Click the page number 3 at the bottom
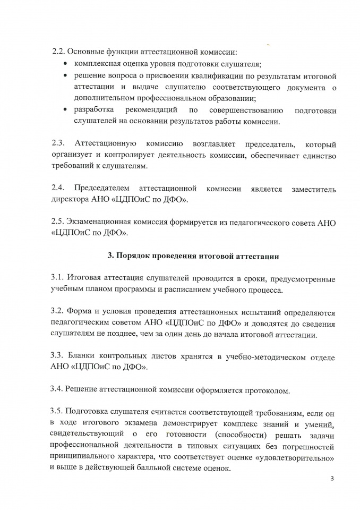pos(331,479)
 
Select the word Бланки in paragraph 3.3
pos(88,357)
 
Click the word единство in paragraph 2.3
pos(318,155)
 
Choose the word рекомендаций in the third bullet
pos(152,110)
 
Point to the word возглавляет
pos(215,144)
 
